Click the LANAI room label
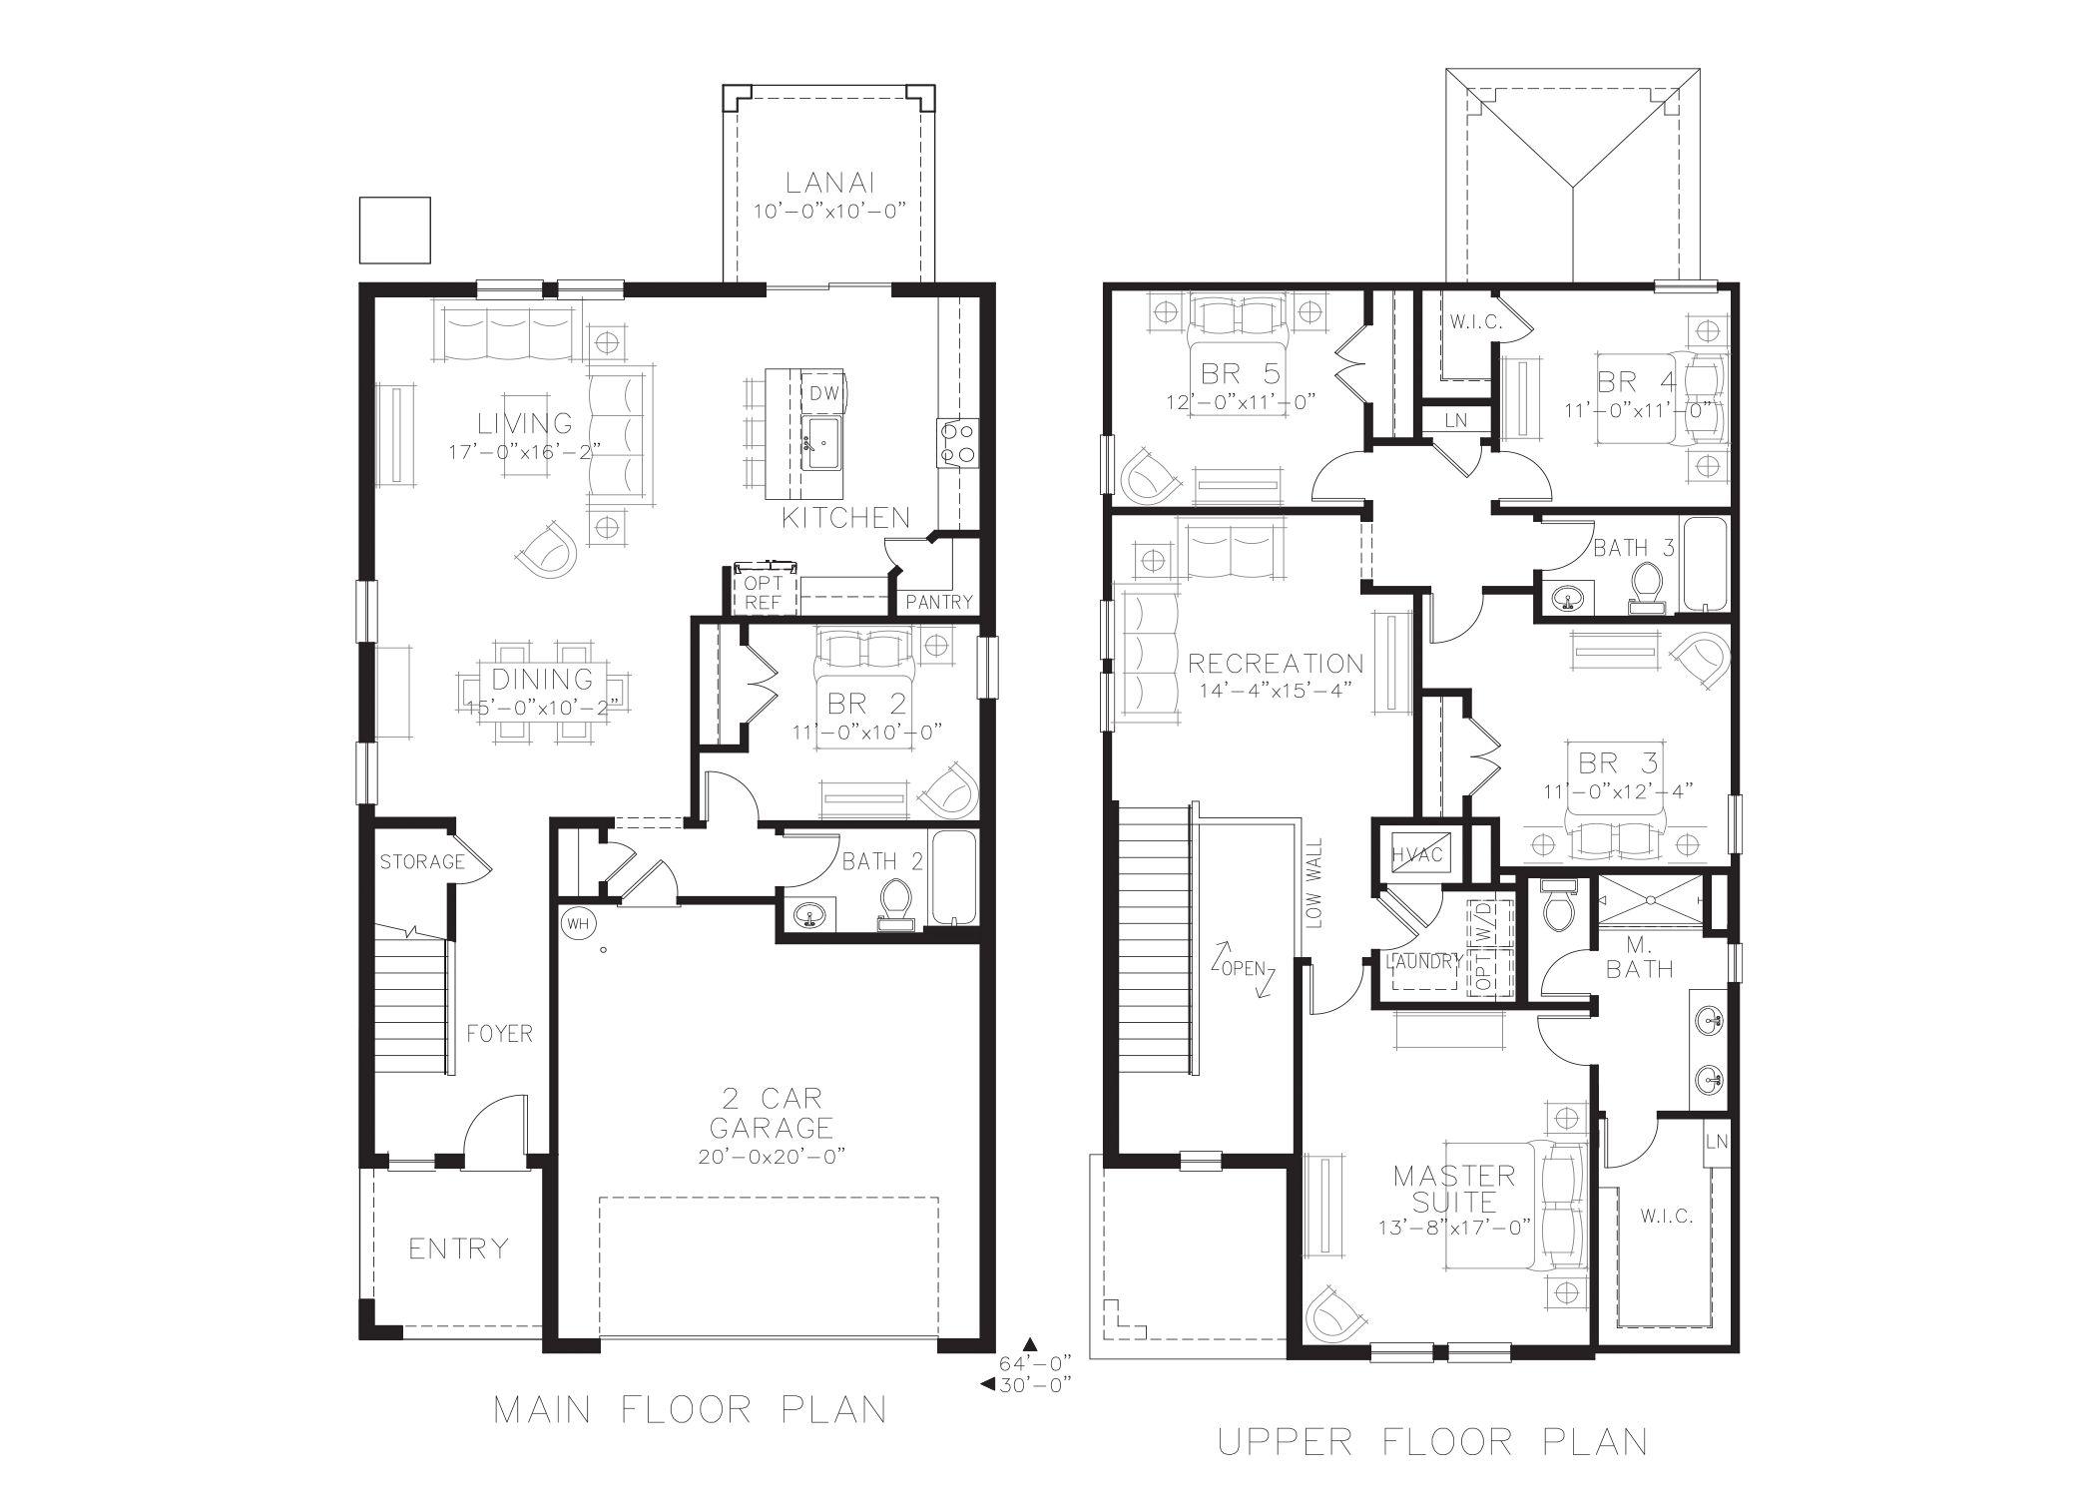(x=830, y=184)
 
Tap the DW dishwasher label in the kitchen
(x=823, y=393)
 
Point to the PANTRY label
(x=939, y=601)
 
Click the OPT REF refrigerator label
(x=763, y=593)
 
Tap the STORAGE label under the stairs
(x=422, y=861)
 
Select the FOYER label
(x=499, y=1034)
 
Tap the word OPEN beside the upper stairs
(x=1242, y=968)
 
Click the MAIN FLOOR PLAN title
(x=691, y=1409)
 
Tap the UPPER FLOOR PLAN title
(x=1433, y=1441)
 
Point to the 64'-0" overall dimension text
(x=1035, y=1362)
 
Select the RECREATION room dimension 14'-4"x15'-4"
(x=1275, y=691)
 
